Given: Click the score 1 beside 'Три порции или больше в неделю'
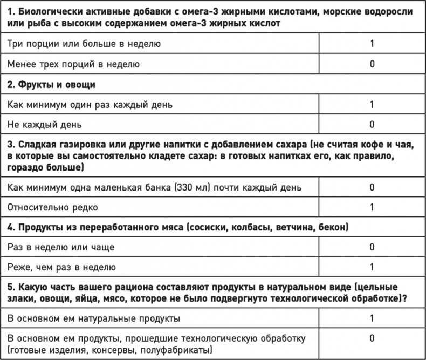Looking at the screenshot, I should click(x=372, y=43).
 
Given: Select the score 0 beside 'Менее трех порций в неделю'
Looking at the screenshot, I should click(x=372, y=64).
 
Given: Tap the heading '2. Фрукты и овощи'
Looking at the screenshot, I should click(x=52, y=84).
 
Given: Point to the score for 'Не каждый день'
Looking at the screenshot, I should click(x=372, y=125).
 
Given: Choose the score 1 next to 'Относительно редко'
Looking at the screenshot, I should click(x=372, y=207).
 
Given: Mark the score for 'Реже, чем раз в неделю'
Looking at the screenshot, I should click(x=372, y=267).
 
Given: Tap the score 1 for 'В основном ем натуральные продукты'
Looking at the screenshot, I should click(x=372, y=318).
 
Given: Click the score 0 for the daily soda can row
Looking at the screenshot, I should click(x=372, y=187).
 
